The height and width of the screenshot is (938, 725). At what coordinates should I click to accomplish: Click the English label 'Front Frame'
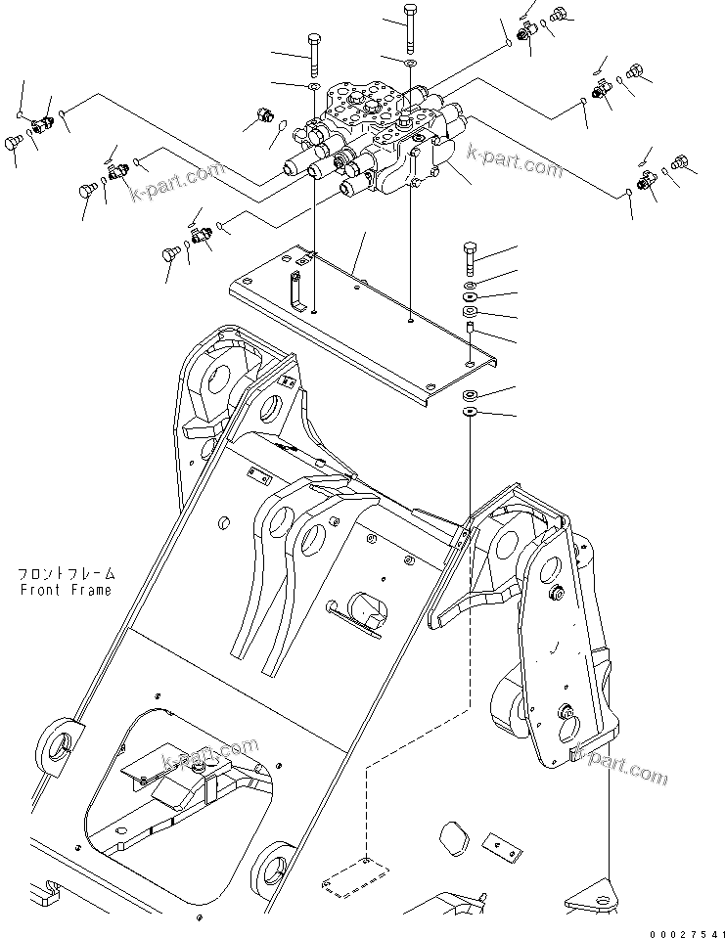point(65,590)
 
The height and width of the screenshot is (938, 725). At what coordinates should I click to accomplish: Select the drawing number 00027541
point(681,929)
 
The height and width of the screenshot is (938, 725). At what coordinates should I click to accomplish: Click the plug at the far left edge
point(14,144)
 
